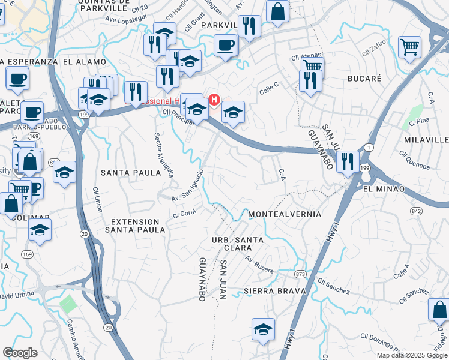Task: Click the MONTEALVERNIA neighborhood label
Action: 285,214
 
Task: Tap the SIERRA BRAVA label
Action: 275,291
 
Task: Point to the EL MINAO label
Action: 384,189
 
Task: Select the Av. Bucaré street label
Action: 259,264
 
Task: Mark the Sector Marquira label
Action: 164,155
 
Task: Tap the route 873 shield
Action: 301,275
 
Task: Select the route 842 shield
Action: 417,211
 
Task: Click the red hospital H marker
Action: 214,98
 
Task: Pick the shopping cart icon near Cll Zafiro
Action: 409,46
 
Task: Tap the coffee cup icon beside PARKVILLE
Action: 226,45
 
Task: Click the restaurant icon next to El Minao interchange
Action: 348,161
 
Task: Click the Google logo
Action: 20,353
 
